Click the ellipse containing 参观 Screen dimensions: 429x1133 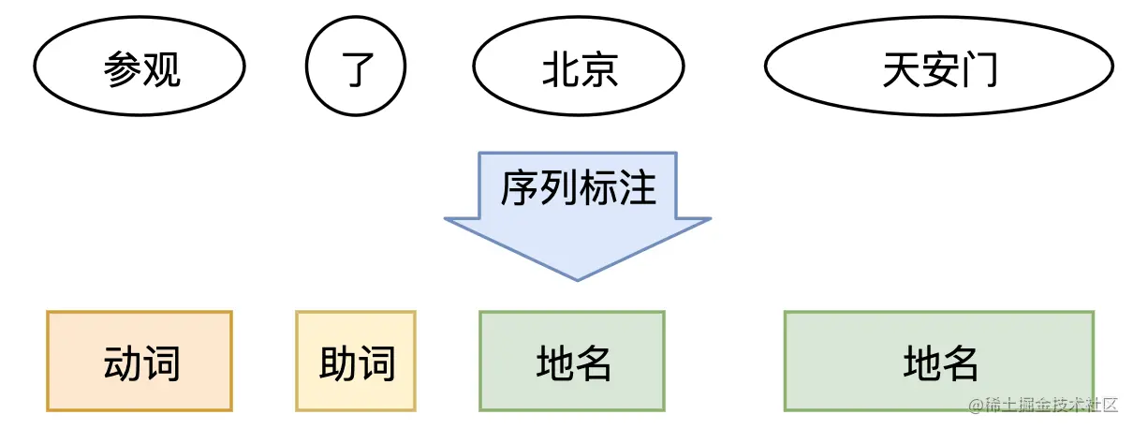[140, 67]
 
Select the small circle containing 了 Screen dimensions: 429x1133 [356, 67]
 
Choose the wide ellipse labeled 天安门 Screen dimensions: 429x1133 [939, 68]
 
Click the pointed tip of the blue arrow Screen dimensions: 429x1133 [578, 277]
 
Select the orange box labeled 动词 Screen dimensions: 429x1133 [140, 361]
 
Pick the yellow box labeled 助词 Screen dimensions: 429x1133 [356, 361]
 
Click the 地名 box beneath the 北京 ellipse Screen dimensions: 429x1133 [572, 361]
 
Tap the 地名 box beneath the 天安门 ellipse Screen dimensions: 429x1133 [939, 361]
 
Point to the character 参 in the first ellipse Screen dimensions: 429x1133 [122, 69]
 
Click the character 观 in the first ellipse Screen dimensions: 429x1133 [161, 69]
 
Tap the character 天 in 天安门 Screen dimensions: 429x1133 [900, 69]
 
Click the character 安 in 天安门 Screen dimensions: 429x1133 [939, 69]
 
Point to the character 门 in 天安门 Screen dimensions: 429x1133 [979, 69]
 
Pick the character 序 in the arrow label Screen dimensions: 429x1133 [519, 187]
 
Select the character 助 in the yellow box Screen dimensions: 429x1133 [337, 362]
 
